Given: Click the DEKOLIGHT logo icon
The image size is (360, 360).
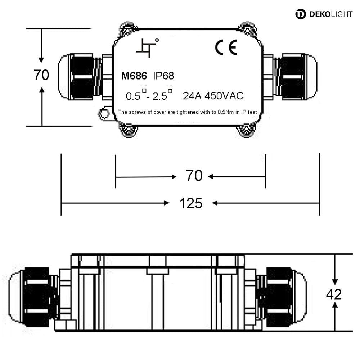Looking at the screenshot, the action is click(301, 14).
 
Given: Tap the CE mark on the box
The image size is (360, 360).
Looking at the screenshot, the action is click(226, 47).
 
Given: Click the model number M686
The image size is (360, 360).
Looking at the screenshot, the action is click(134, 76).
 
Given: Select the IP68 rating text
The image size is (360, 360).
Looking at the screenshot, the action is click(163, 76).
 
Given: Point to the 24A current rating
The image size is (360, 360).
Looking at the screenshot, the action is click(192, 96).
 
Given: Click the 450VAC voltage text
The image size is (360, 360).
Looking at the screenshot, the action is click(224, 96).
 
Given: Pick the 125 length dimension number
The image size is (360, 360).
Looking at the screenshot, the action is click(191, 203).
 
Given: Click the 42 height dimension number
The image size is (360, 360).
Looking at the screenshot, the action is click(334, 294).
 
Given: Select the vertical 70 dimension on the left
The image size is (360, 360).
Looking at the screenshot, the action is click(41, 75).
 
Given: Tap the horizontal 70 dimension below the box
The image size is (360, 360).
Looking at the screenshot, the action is click(194, 176).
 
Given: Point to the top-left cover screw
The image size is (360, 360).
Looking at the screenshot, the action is click(128, 30).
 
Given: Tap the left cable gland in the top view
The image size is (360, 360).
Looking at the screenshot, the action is click(80, 77).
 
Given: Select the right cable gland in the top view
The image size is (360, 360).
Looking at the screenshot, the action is click(296, 77).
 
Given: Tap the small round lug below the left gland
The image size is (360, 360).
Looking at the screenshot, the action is click(104, 113).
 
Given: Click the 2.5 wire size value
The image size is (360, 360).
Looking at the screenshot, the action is click(160, 96).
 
